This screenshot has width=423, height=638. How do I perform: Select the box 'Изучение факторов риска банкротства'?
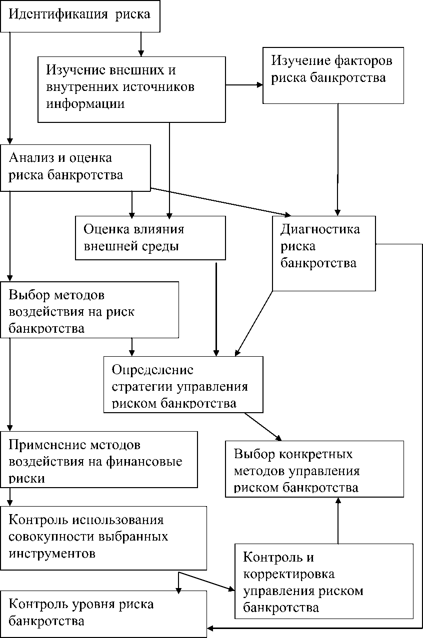click(333, 74)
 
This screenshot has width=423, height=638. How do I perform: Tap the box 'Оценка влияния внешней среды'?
click(150, 238)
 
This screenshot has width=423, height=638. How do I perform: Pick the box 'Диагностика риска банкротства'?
click(324, 253)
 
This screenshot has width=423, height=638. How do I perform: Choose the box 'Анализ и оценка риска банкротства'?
click(75, 168)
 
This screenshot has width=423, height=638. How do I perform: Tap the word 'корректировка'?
click(289, 574)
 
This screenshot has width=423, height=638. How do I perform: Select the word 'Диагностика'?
click(320, 229)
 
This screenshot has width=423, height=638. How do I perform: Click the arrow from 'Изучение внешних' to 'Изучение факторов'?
click(244, 85)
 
